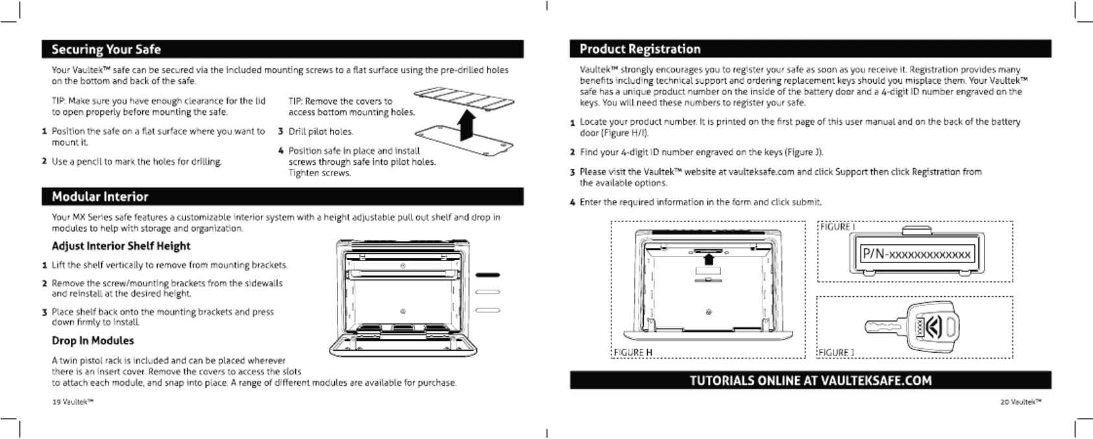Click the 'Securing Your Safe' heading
pyautogui.click(x=106, y=49)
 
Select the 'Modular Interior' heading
pyautogui.click(x=100, y=197)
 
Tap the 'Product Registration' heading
pyautogui.click(x=639, y=49)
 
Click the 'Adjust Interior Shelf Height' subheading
pyautogui.click(x=121, y=246)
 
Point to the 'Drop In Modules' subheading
pyautogui.click(x=93, y=341)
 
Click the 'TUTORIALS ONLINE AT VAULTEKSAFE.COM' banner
pyautogui.click(x=810, y=381)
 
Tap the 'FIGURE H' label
pyautogui.click(x=633, y=353)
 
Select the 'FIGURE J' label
pyautogui.click(x=835, y=353)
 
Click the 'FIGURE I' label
pyautogui.click(x=837, y=227)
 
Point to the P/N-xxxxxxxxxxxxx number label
pyautogui.click(x=916, y=254)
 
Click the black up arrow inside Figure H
pyautogui.click(x=709, y=259)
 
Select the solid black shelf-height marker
pyautogui.click(x=487, y=275)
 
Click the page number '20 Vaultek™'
pyautogui.click(x=1021, y=402)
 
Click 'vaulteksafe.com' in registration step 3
pyautogui.click(x=761, y=172)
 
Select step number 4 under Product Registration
pyautogui.click(x=572, y=203)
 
